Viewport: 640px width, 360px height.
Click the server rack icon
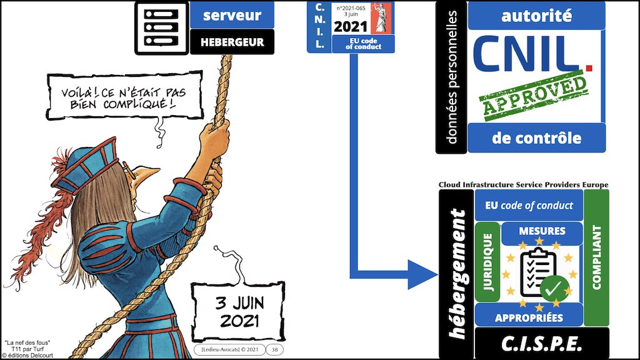tap(162, 27)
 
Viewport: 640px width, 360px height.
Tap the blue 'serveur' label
tap(232, 15)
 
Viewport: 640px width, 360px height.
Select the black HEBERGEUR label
tap(232, 42)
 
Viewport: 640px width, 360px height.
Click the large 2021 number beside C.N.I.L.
tap(350, 26)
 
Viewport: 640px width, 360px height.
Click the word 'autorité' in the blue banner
tap(536, 16)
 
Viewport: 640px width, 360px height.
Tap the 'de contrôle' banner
tap(536, 138)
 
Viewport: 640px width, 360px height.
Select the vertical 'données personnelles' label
tap(451, 77)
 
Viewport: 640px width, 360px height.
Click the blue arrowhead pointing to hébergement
tap(423, 275)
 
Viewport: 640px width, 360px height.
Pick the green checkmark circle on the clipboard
tap(554, 289)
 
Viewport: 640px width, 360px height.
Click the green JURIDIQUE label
tap(487, 262)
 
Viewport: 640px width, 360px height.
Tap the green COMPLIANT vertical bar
tap(596, 257)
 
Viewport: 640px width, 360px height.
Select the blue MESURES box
tap(542, 231)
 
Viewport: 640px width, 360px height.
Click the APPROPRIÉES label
tap(529, 317)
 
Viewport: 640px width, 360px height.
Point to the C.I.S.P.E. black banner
tap(542, 344)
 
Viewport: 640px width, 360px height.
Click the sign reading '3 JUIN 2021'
tap(238, 312)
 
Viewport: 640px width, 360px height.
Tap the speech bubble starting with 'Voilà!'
tap(124, 96)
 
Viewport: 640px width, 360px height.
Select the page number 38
tap(275, 350)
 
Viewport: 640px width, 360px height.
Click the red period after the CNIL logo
tap(588, 67)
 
